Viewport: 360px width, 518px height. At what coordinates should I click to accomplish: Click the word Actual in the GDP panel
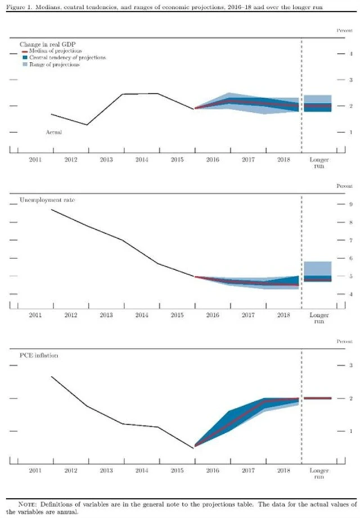pos(53,133)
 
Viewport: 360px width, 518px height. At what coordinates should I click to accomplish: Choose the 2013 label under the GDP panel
pos(106,160)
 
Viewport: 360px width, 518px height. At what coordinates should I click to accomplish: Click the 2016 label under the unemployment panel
pos(212,316)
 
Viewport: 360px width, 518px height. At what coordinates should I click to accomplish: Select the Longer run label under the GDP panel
pos(319,163)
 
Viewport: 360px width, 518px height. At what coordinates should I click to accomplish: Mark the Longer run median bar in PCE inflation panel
pos(317,398)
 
